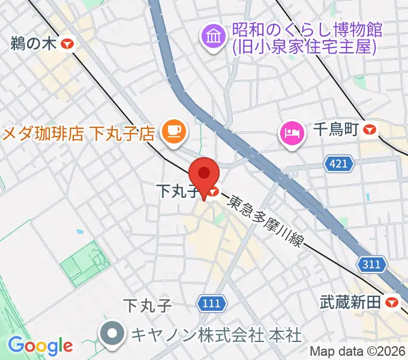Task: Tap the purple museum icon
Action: pyautogui.click(x=213, y=38)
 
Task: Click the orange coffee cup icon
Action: pyautogui.click(x=175, y=129)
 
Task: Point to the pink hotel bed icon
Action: pyautogui.click(x=292, y=130)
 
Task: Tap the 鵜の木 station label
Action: pyautogui.click(x=34, y=44)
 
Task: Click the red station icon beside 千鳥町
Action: pyautogui.click(x=370, y=130)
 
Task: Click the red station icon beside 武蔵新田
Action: pyautogui.click(x=393, y=303)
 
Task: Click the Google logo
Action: pyautogui.click(x=40, y=346)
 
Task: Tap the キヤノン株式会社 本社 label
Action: pyautogui.click(x=217, y=334)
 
